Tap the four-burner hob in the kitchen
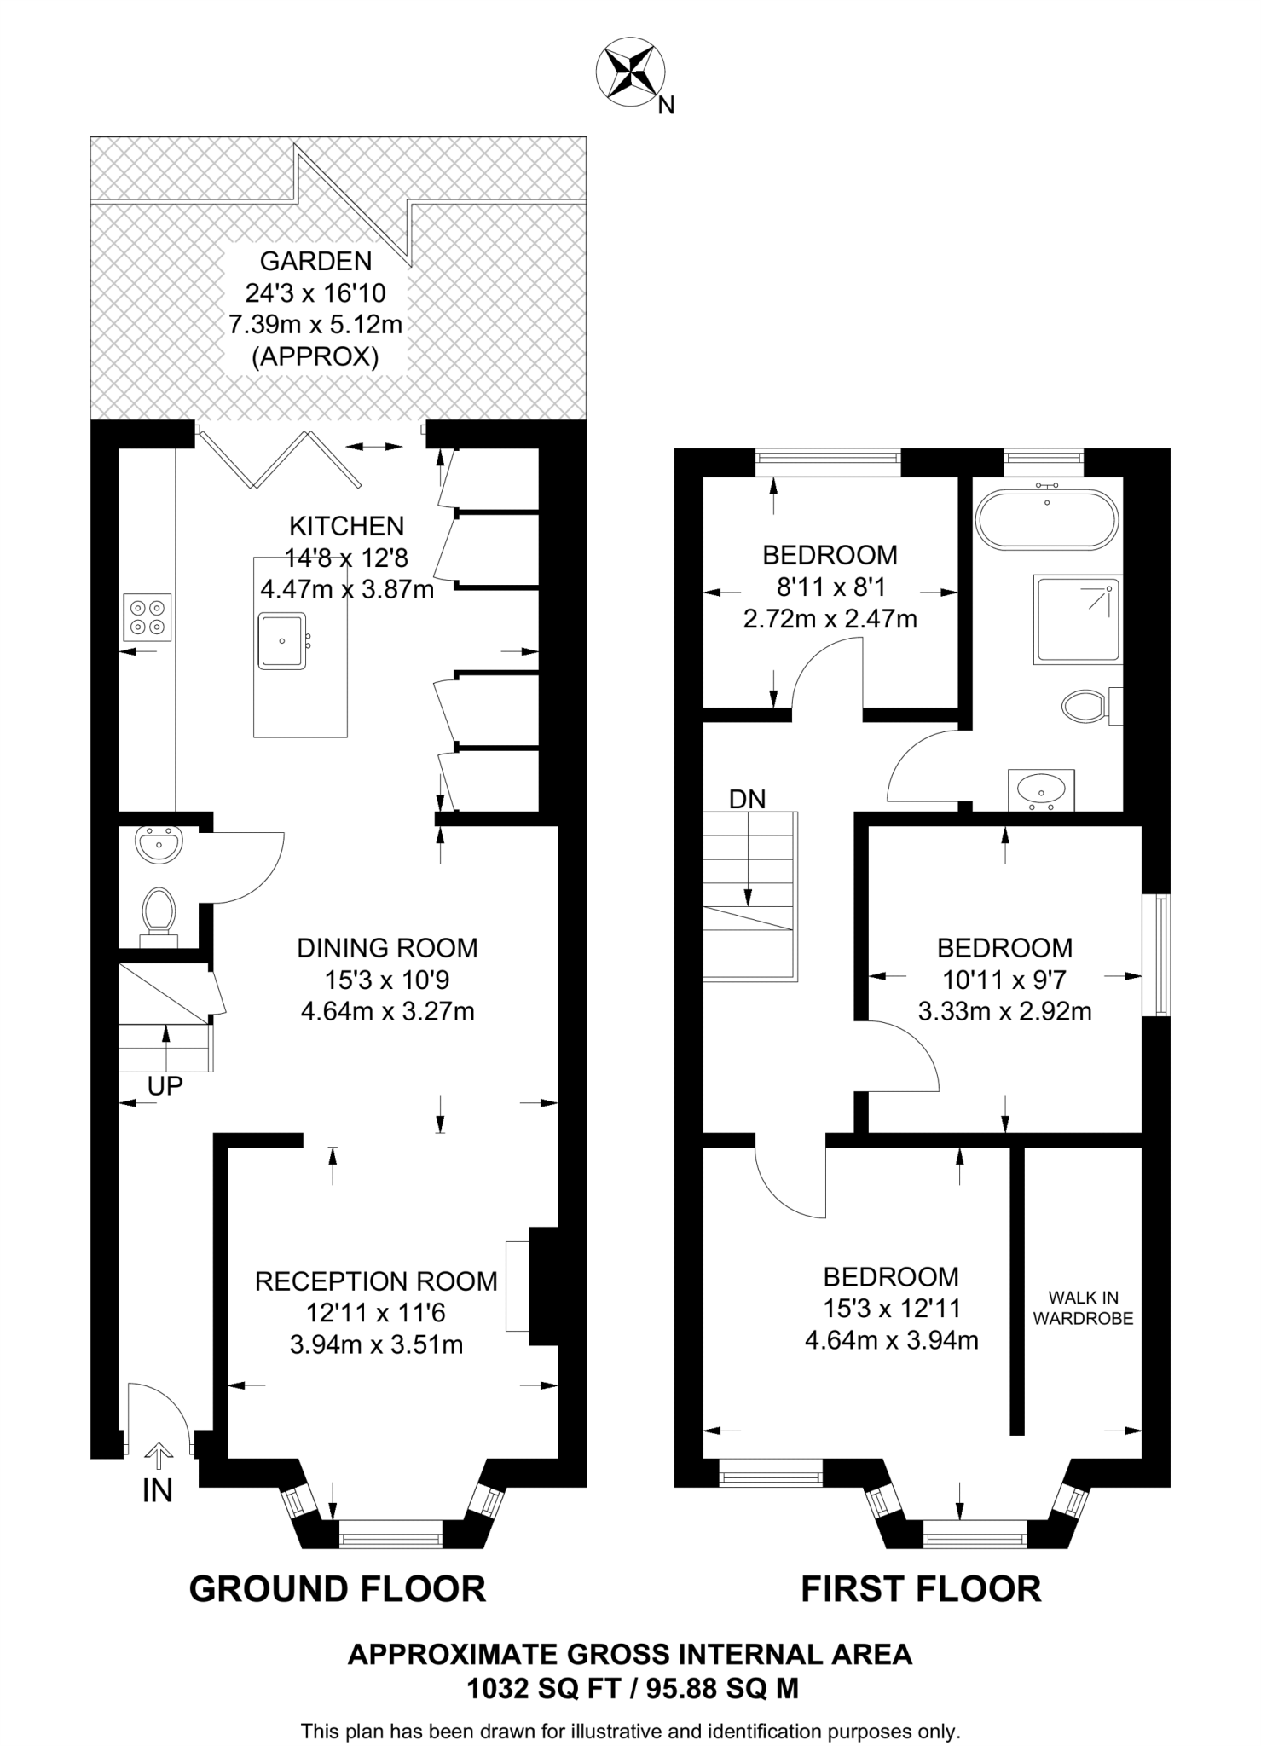pos(148,617)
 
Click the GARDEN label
pos(315,261)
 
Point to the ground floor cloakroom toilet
pos(159,911)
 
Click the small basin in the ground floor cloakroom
pos(158,844)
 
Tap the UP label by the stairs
pos(165,1085)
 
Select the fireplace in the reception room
pos(518,1286)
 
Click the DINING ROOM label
pos(387,948)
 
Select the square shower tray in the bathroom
pos(1077,619)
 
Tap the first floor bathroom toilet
pos(1085,705)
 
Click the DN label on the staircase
pos(747,799)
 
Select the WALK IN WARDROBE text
pos(1083,1308)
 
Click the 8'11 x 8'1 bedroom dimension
pos(830,587)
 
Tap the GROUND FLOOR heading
pos(338,1588)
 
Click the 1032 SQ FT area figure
pos(545,1687)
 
